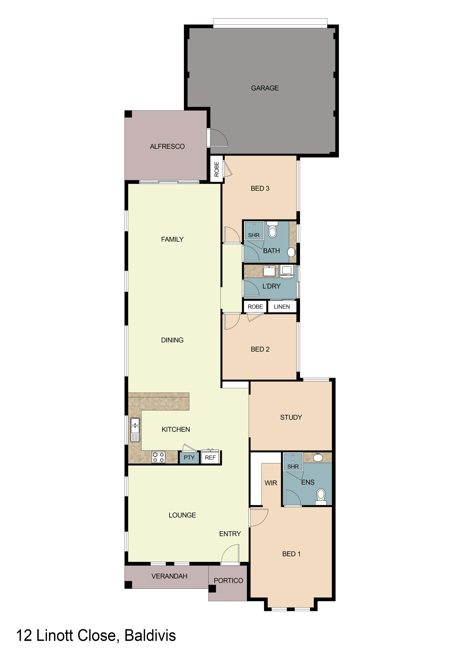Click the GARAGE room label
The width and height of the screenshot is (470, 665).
pos(265,88)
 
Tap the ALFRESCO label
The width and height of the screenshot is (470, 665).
pos(167,147)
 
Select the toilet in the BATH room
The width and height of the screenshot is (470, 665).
pos(272,230)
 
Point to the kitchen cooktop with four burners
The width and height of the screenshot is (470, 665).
pos(158,457)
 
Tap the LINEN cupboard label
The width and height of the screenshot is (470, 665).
pos(282,307)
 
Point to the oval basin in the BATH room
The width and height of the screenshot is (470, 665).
pos(292,252)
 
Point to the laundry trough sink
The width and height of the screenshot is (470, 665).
pos(269,271)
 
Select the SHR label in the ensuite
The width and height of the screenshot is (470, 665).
pos(293,467)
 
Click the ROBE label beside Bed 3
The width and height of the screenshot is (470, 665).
pos(217,169)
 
